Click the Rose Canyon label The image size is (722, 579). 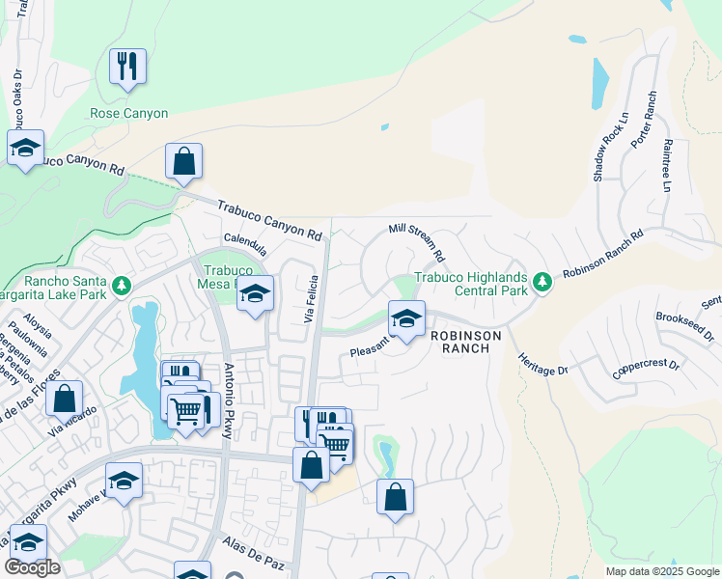tap(128, 113)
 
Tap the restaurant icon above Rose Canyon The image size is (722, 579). tap(127, 67)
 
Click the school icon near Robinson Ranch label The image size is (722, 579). tap(406, 318)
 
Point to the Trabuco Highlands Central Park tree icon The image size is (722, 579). tap(543, 282)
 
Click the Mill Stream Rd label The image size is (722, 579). tap(416, 242)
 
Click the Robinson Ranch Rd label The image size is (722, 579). tap(603, 254)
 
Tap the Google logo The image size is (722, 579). tap(33, 567)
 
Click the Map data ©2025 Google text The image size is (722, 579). tap(660, 571)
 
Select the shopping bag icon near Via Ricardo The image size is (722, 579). tap(64, 398)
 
